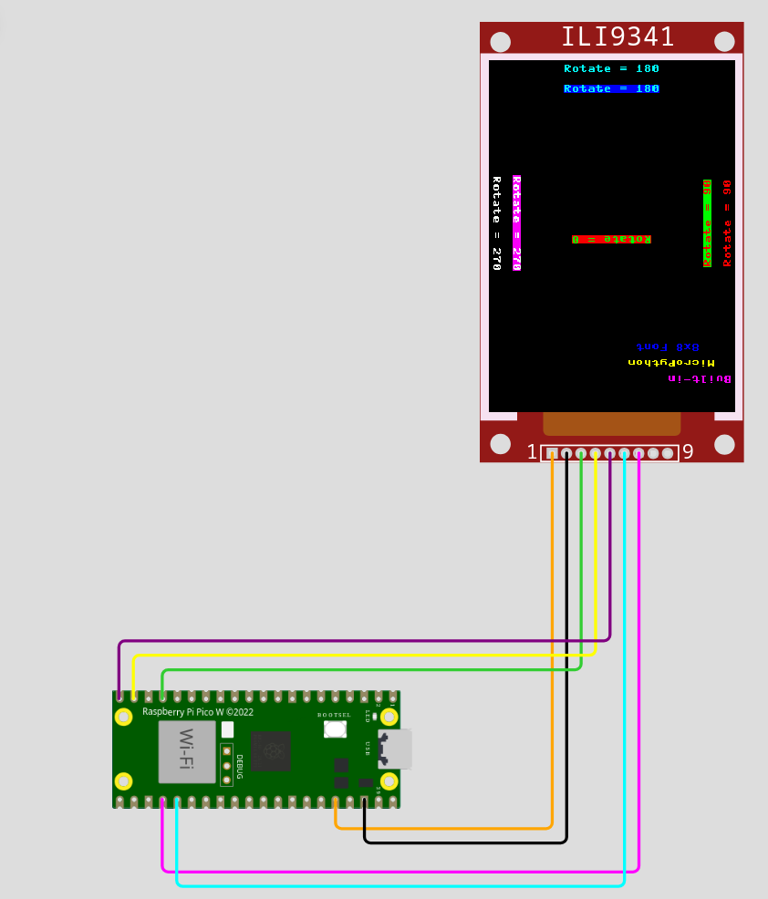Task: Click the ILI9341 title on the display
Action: pyautogui.click(x=618, y=37)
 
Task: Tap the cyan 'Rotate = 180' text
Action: pyautogui.click(x=611, y=68)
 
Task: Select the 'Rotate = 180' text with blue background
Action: pyautogui.click(x=611, y=88)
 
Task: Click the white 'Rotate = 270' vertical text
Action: pyautogui.click(x=496, y=223)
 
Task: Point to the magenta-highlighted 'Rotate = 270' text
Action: pyautogui.click(x=516, y=223)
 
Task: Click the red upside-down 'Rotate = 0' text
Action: pyautogui.click(x=611, y=239)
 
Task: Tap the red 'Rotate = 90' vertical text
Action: pyautogui.click(x=727, y=223)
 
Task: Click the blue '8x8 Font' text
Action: pyautogui.click(x=668, y=346)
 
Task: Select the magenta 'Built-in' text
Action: pyautogui.click(x=700, y=377)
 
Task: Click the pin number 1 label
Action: pyautogui.click(x=533, y=452)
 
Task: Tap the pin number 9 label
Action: pyautogui.click(x=688, y=452)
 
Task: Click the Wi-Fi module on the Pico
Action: pyautogui.click(x=187, y=751)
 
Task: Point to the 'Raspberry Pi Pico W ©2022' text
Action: pyautogui.click(x=198, y=711)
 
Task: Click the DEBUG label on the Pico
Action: pyautogui.click(x=240, y=766)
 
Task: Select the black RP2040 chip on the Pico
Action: pyautogui.click(x=271, y=750)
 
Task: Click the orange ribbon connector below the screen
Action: pyautogui.click(x=611, y=424)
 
